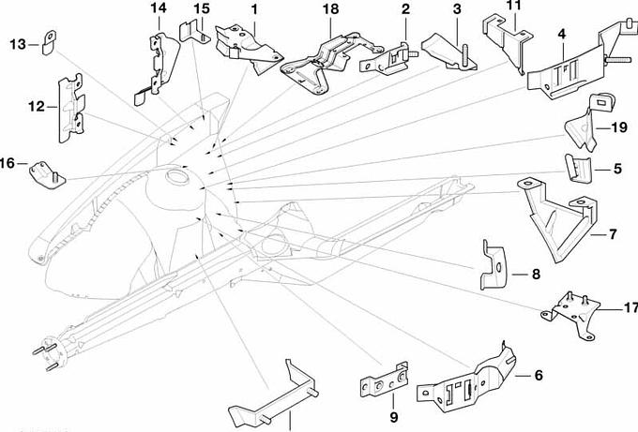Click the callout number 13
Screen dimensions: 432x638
(x=18, y=44)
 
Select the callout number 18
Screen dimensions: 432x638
(x=329, y=8)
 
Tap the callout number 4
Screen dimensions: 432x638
(x=560, y=35)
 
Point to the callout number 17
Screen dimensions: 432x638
(x=630, y=306)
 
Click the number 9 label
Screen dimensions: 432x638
(x=394, y=415)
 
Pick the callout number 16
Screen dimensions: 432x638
(x=8, y=163)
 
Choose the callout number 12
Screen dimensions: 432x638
(x=37, y=107)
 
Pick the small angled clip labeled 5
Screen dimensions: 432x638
(x=580, y=170)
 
